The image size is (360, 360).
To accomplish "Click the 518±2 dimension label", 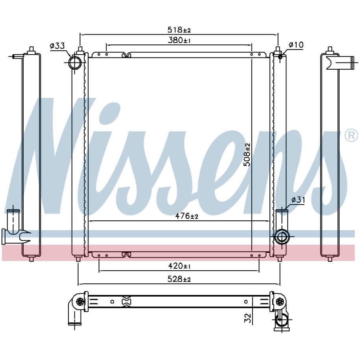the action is pyautogui.click(x=179, y=30).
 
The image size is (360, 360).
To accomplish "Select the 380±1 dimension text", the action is pyautogui.click(x=179, y=41).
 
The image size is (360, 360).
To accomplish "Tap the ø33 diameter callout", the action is pyautogui.click(x=57, y=46).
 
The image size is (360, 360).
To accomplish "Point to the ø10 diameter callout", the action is pyautogui.click(x=296, y=44).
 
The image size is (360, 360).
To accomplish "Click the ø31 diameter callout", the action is pyautogui.click(x=298, y=200).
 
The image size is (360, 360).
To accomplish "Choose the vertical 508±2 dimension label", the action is pyautogui.click(x=247, y=155).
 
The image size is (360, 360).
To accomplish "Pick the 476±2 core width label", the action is pyautogui.click(x=186, y=216).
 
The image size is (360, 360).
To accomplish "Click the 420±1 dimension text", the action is pyautogui.click(x=179, y=266).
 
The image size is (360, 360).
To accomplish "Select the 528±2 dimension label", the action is pyautogui.click(x=179, y=279).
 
